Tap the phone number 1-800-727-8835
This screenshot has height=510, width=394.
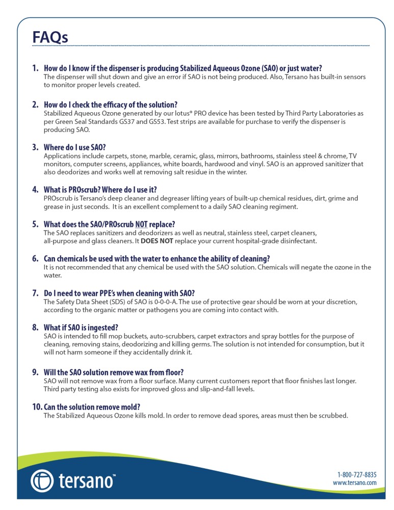coord(357,474)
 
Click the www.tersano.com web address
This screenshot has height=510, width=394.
coord(355,482)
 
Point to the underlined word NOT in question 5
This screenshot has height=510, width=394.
coord(141,224)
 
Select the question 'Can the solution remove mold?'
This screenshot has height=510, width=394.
coord(92,406)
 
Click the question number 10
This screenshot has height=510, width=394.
coord(37,406)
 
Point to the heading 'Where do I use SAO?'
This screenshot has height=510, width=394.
coord(75,147)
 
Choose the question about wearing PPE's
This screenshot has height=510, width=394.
coord(119,293)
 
